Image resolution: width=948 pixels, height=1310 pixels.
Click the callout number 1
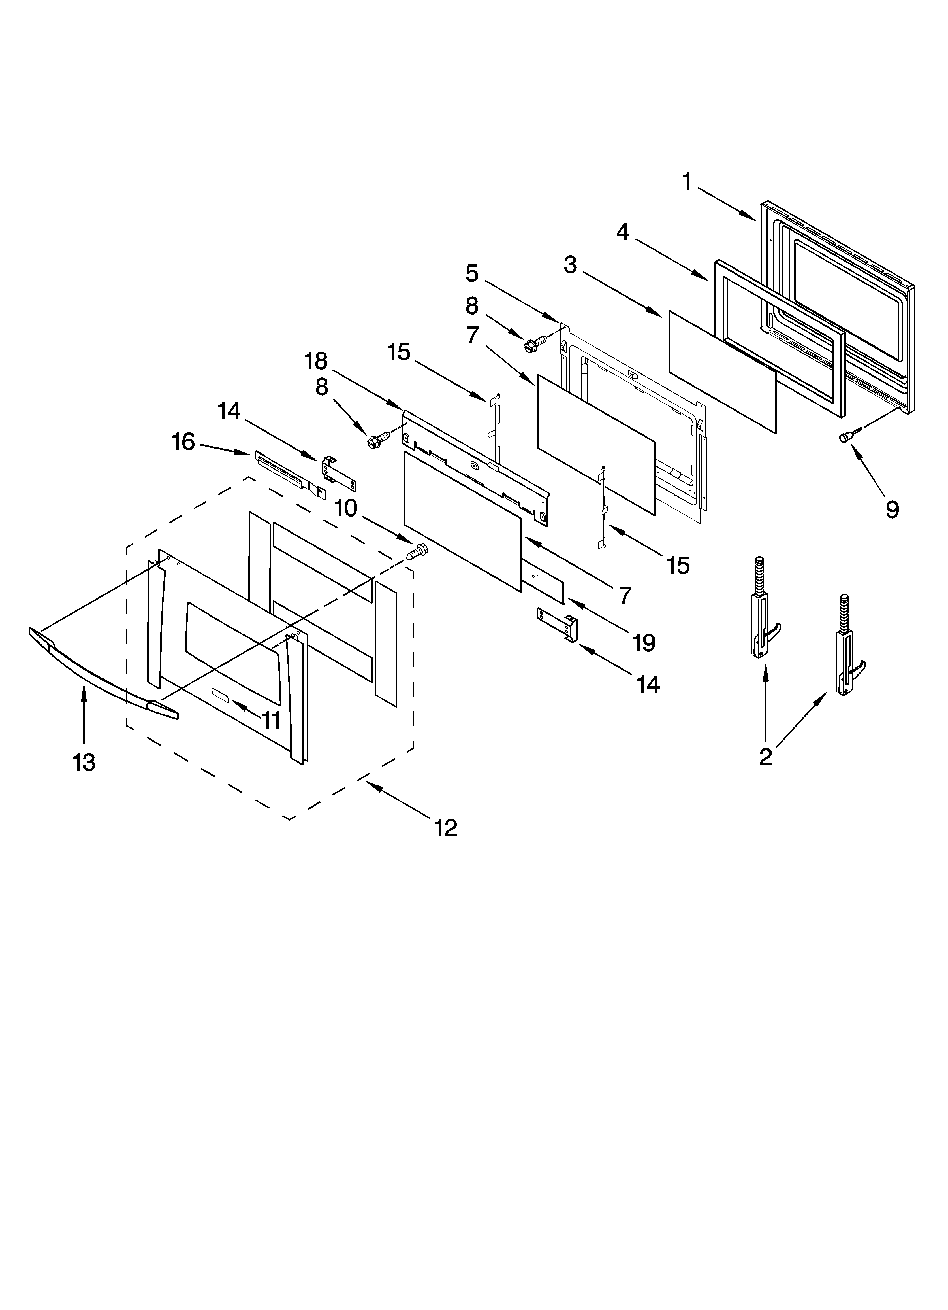[686, 182]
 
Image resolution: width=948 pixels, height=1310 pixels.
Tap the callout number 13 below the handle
[84, 763]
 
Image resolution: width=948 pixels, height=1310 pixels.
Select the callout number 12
[446, 828]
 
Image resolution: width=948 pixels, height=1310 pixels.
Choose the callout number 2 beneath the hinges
[766, 757]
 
